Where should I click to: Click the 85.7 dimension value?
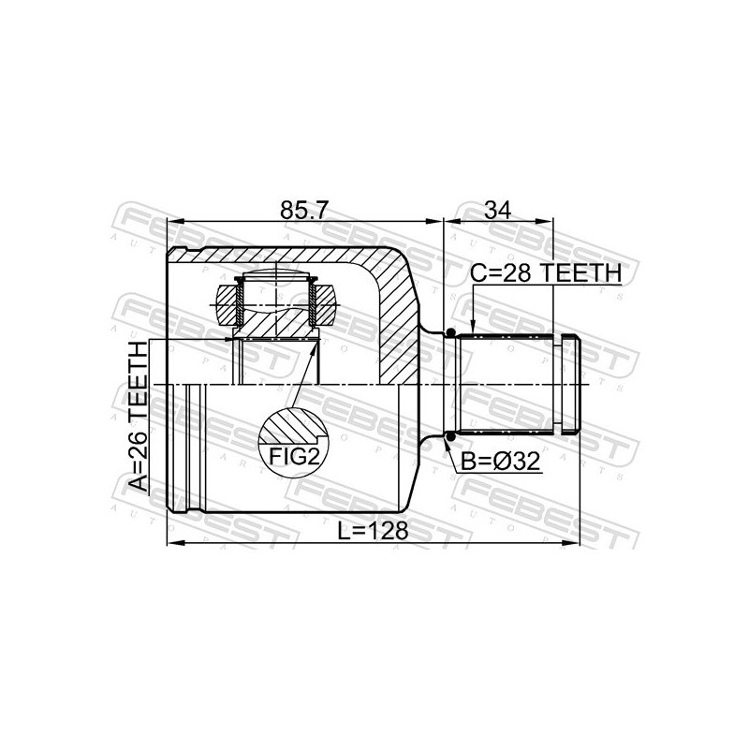[x=304, y=210]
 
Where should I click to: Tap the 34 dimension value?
[x=497, y=210]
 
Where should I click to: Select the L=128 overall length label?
[x=373, y=530]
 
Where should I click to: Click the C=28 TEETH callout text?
[x=546, y=273]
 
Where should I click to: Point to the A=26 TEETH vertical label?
[x=140, y=416]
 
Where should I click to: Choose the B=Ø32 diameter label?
[x=500, y=462]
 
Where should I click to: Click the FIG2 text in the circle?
[x=294, y=457]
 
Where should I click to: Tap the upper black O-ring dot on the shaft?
[x=449, y=333]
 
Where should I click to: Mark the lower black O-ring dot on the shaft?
[x=449, y=435]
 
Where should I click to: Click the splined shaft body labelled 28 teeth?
[x=505, y=385]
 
